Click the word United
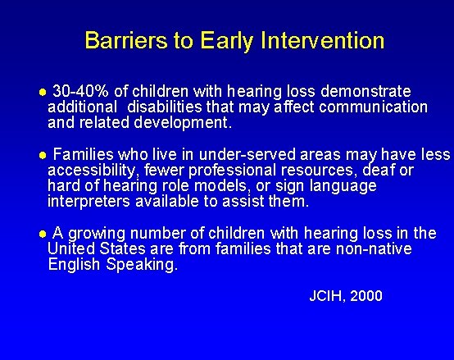(x=70, y=248)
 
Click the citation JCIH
(x=326, y=295)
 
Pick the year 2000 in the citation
(x=365, y=295)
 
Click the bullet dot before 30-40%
(x=42, y=91)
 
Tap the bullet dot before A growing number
(x=42, y=234)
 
